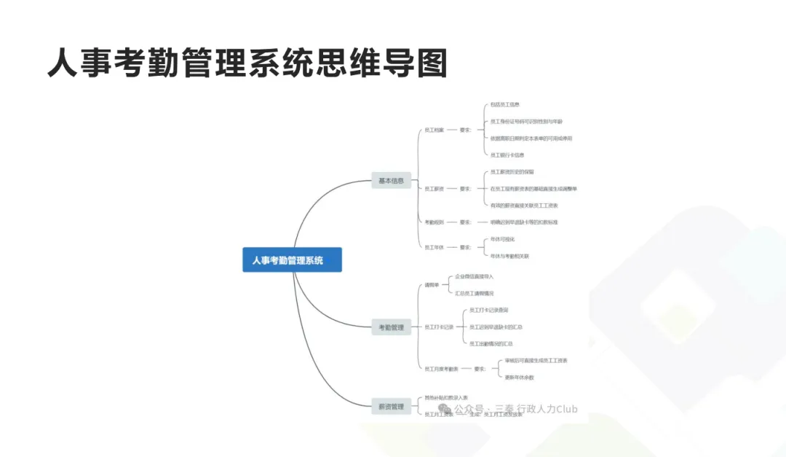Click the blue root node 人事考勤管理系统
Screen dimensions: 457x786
292,260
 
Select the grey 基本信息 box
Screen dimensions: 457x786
391,181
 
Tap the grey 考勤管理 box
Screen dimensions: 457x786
391,327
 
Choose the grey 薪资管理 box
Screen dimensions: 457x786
391,407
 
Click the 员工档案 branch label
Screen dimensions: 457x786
434,130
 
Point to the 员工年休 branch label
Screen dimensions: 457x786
434,247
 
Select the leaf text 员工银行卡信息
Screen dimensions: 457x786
507,155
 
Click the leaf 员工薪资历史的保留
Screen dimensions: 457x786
512,172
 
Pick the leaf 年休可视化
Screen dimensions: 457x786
502,239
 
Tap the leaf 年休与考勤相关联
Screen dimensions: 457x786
509,256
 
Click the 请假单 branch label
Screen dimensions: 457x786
432,285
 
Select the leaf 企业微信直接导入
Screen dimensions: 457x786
474,276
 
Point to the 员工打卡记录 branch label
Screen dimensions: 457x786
439,327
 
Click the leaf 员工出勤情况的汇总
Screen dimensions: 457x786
491,343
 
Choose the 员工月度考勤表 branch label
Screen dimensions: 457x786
441,369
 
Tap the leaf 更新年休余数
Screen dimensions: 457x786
520,377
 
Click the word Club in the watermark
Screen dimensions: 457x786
565,409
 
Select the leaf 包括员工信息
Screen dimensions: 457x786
504,104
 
